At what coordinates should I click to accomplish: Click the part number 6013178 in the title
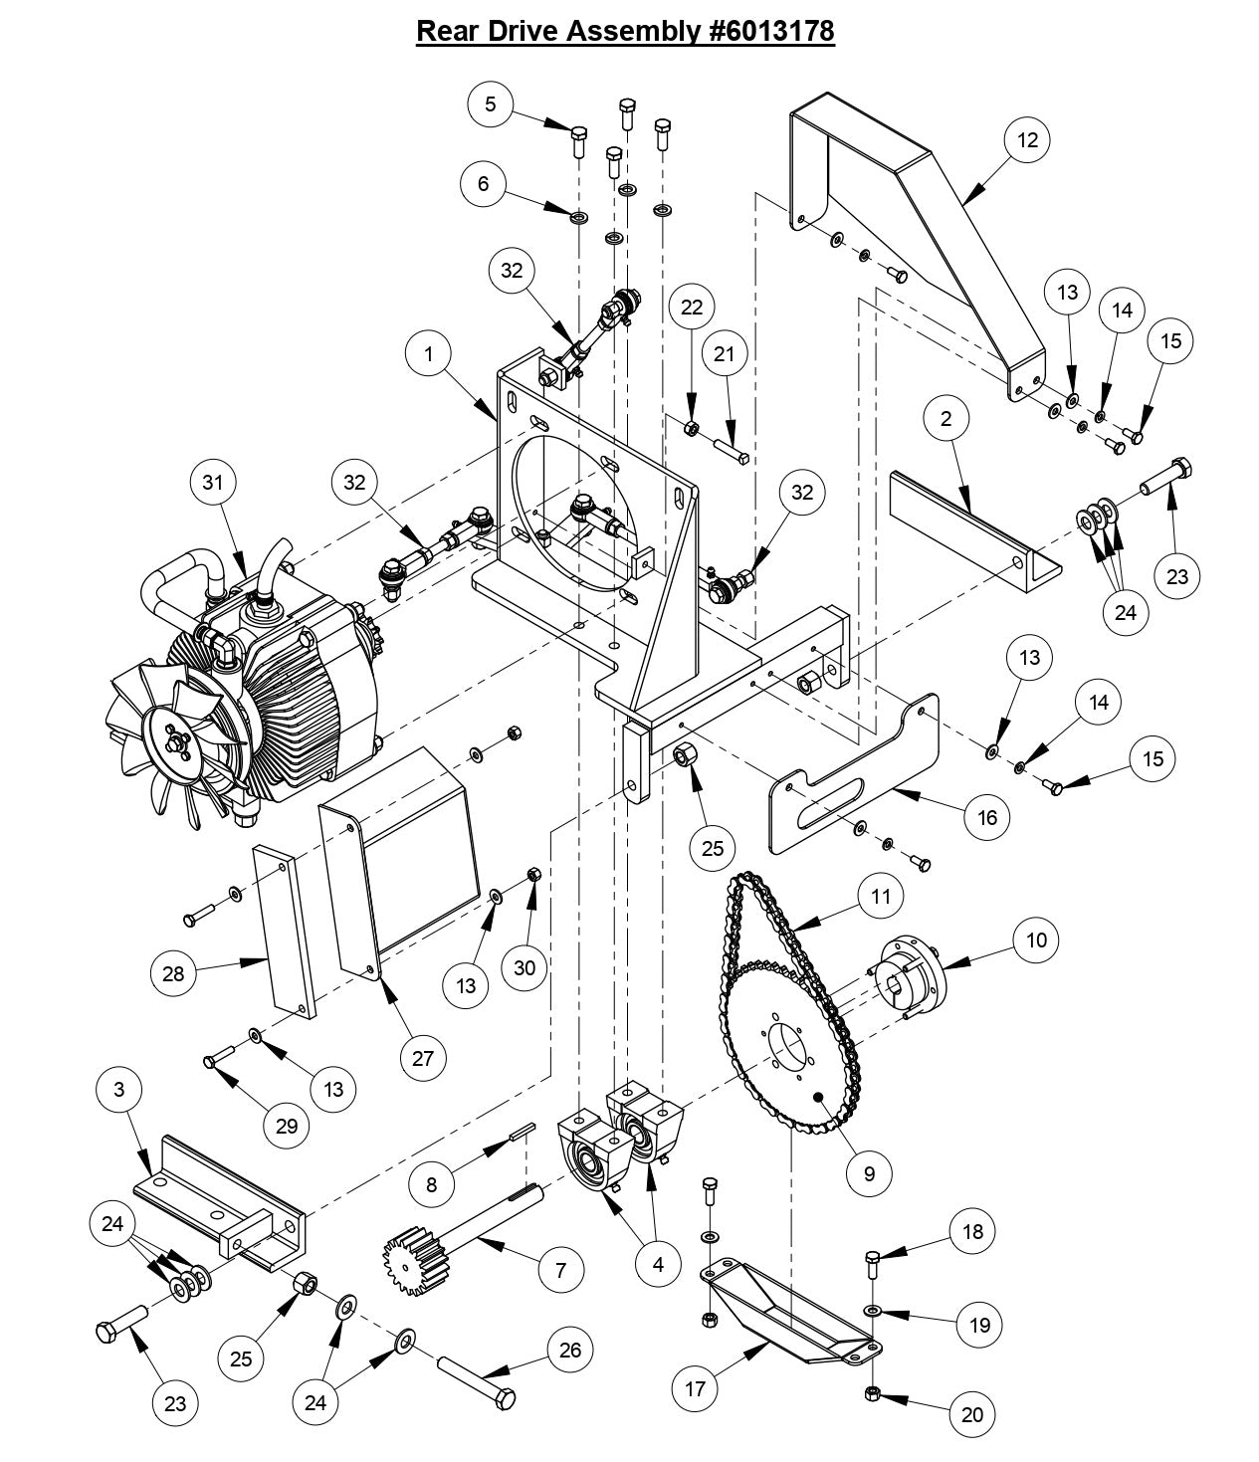(770, 31)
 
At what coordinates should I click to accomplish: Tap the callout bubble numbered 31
(213, 482)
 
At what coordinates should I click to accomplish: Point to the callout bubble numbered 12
(1028, 140)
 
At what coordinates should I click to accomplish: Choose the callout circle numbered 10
(1036, 940)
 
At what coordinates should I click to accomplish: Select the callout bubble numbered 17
(695, 1387)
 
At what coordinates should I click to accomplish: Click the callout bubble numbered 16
(987, 818)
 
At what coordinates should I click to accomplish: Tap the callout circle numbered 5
(492, 104)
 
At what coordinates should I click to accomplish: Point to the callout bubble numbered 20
(972, 1414)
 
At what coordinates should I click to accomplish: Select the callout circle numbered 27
(423, 1058)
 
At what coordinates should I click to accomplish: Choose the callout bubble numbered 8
(431, 1184)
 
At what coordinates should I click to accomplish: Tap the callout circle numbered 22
(692, 308)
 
